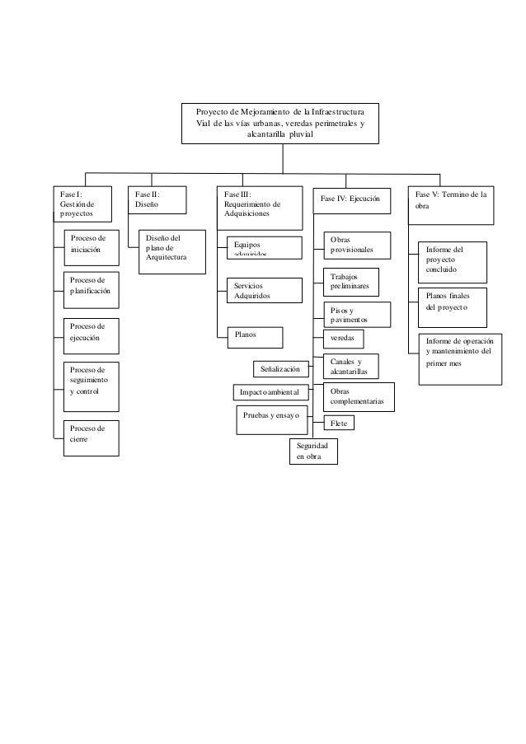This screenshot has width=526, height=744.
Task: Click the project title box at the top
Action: click(x=281, y=124)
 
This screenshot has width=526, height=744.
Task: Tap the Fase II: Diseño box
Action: click(x=156, y=199)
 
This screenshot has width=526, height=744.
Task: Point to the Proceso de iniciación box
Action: click(x=92, y=244)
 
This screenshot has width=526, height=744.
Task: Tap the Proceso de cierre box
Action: click(x=92, y=434)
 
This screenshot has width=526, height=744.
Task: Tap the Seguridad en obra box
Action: click(x=312, y=451)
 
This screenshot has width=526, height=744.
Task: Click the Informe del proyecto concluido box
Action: click(x=452, y=260)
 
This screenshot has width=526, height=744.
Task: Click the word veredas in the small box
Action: click(x=342, y=339)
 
